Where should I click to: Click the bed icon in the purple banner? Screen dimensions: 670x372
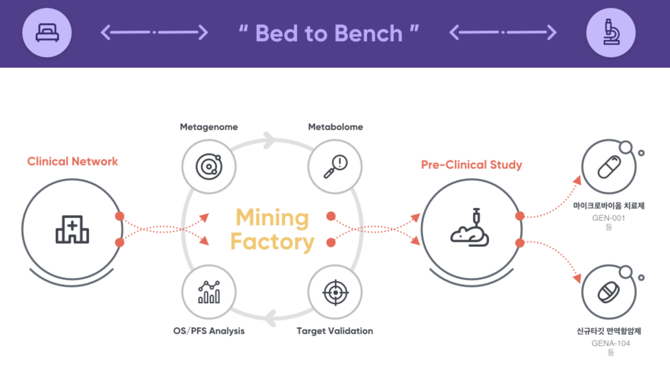tap(47, 33)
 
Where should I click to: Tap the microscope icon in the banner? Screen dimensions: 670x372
tap(611, 32)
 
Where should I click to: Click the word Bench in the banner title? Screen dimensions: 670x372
tap(368, 33)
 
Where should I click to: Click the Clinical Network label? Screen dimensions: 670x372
tap(72, 161)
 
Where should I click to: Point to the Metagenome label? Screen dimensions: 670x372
tap(209, 127)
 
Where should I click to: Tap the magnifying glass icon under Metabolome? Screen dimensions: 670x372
tap(335, 166)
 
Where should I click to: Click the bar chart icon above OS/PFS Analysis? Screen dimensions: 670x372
tap(209, 292)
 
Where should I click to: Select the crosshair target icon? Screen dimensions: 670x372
tap(335, 292)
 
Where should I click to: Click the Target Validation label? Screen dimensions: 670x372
tap(335, 331)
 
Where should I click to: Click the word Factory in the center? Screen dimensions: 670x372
tap(272, 242)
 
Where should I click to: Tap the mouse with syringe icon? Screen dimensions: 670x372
tap(470, 227)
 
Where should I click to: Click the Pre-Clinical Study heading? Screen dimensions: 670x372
tap(471, 164)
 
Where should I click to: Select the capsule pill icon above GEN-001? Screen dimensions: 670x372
tap(609, 167)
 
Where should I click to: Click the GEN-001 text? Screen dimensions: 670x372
tap(608, 218)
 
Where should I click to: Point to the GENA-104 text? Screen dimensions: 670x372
tap(611, 343)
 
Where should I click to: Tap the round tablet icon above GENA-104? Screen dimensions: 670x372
tap(609, 292)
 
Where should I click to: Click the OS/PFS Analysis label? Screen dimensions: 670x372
tap(209, 331)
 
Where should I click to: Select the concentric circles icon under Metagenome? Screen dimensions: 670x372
tap(209, 166)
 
